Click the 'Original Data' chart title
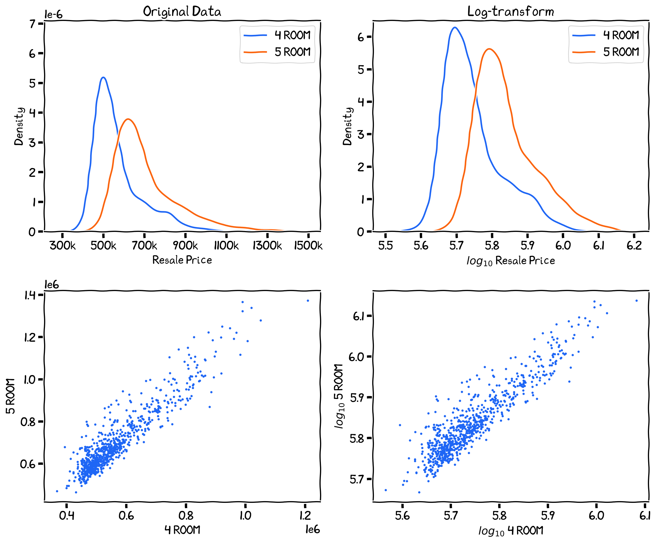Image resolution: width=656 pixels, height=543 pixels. pos(182,12)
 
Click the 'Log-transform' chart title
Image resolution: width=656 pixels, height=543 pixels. pos(510,12)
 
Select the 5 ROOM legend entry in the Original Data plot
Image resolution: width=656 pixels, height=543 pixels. pos(292,52)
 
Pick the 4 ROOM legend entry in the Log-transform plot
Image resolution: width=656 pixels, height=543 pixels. pos(621,35)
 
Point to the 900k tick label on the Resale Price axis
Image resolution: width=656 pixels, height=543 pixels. pos(185,246)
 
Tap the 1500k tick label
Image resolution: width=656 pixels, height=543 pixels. pos(308,246)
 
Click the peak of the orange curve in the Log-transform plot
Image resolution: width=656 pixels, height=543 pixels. pos(489,49)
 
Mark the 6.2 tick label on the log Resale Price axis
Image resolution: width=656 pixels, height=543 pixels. pos(634,246)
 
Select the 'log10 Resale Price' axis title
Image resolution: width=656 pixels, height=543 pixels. pos(510,261)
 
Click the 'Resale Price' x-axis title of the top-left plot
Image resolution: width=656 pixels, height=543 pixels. pos(182,260)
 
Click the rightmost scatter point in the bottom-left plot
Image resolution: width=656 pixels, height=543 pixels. pos(308,301)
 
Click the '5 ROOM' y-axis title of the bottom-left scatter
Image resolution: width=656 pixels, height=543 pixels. pos(11,396)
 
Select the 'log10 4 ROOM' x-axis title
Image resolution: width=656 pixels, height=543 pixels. pos(510,530)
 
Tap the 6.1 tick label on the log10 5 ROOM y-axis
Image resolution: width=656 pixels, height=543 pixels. pos(358,316)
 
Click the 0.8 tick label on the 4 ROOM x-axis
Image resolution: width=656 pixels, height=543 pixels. pos(186,515)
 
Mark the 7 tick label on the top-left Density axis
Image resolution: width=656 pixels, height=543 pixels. pos(32,24)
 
